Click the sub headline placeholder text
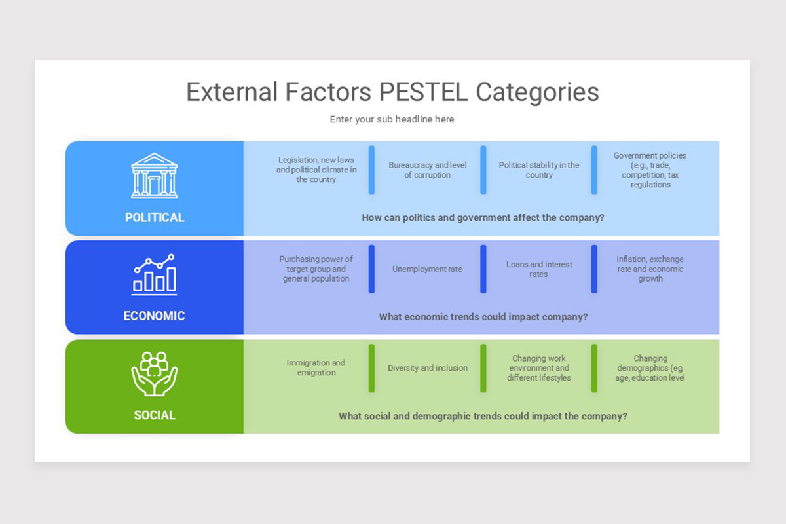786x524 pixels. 392,119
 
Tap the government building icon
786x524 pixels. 155,176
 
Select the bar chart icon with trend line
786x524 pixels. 155,274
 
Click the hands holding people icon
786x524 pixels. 155,373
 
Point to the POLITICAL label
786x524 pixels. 155,217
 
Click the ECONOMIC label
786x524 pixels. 155,316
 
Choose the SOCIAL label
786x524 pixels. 155,415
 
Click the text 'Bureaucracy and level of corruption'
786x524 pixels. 427,170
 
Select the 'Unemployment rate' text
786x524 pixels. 427,269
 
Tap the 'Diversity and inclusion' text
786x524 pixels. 427,368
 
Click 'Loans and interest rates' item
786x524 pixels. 539,269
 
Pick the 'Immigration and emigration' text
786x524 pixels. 316,367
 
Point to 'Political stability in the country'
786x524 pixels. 539,170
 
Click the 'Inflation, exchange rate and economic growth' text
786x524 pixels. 650,269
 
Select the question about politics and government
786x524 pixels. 483,217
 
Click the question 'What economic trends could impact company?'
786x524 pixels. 483,317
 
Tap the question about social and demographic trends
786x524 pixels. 483,416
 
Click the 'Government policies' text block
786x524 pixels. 650,170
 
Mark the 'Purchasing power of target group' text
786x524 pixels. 316,269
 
